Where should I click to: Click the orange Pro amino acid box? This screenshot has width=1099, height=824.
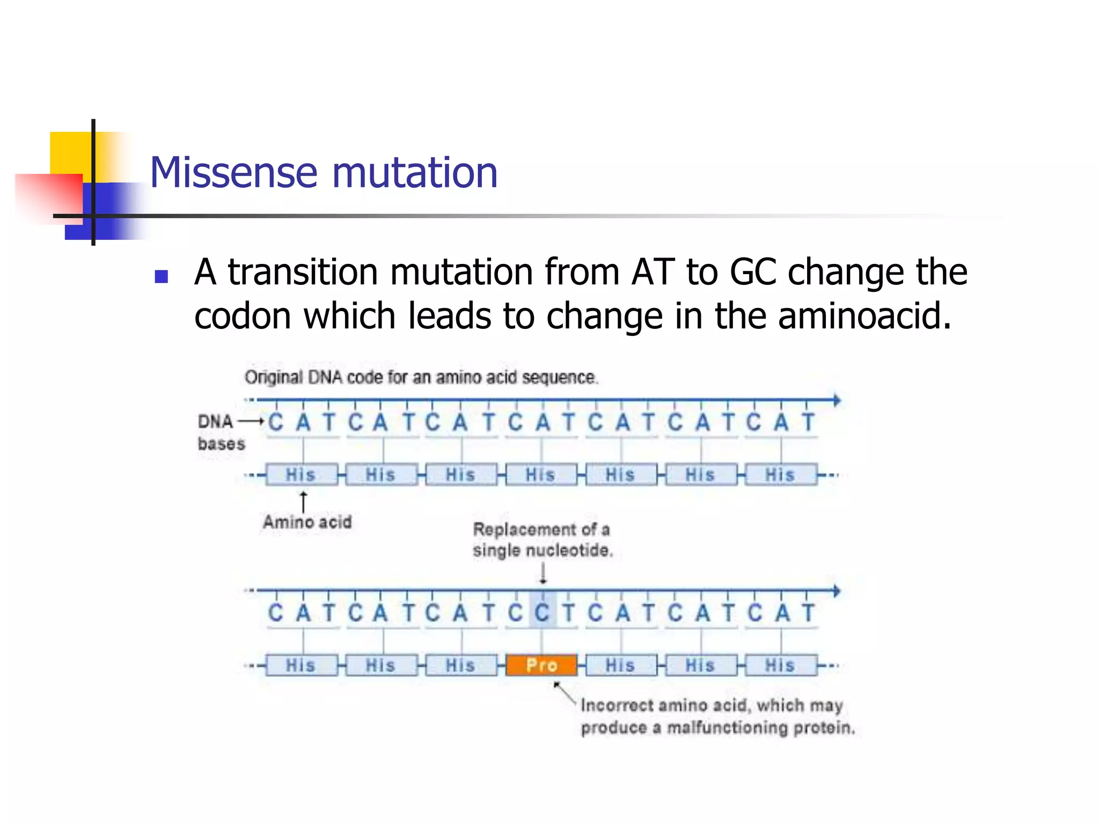pos(541,665)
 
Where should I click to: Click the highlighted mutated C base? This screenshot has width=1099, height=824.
pos(543,612)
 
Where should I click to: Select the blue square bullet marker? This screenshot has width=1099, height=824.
pos(161,276)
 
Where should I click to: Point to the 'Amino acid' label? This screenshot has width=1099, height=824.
pos(307,522)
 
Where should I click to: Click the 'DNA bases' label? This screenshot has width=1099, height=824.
pos(221,432)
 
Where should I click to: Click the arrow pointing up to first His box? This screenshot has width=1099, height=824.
pos(303,502)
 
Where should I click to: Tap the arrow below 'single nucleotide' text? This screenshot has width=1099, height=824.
pos(543,573)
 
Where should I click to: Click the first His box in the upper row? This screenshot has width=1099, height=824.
pos(302,475)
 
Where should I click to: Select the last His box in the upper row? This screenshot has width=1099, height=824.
pos(781,475)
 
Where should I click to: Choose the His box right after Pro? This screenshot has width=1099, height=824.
pos(621,665)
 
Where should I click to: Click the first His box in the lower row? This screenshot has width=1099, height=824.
pos(302,665)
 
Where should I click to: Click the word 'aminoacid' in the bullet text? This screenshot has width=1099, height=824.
pos(864,315)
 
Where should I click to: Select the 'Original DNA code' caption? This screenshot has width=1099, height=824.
pos(421,378)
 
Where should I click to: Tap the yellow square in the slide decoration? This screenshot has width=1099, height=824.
pos(70,153)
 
